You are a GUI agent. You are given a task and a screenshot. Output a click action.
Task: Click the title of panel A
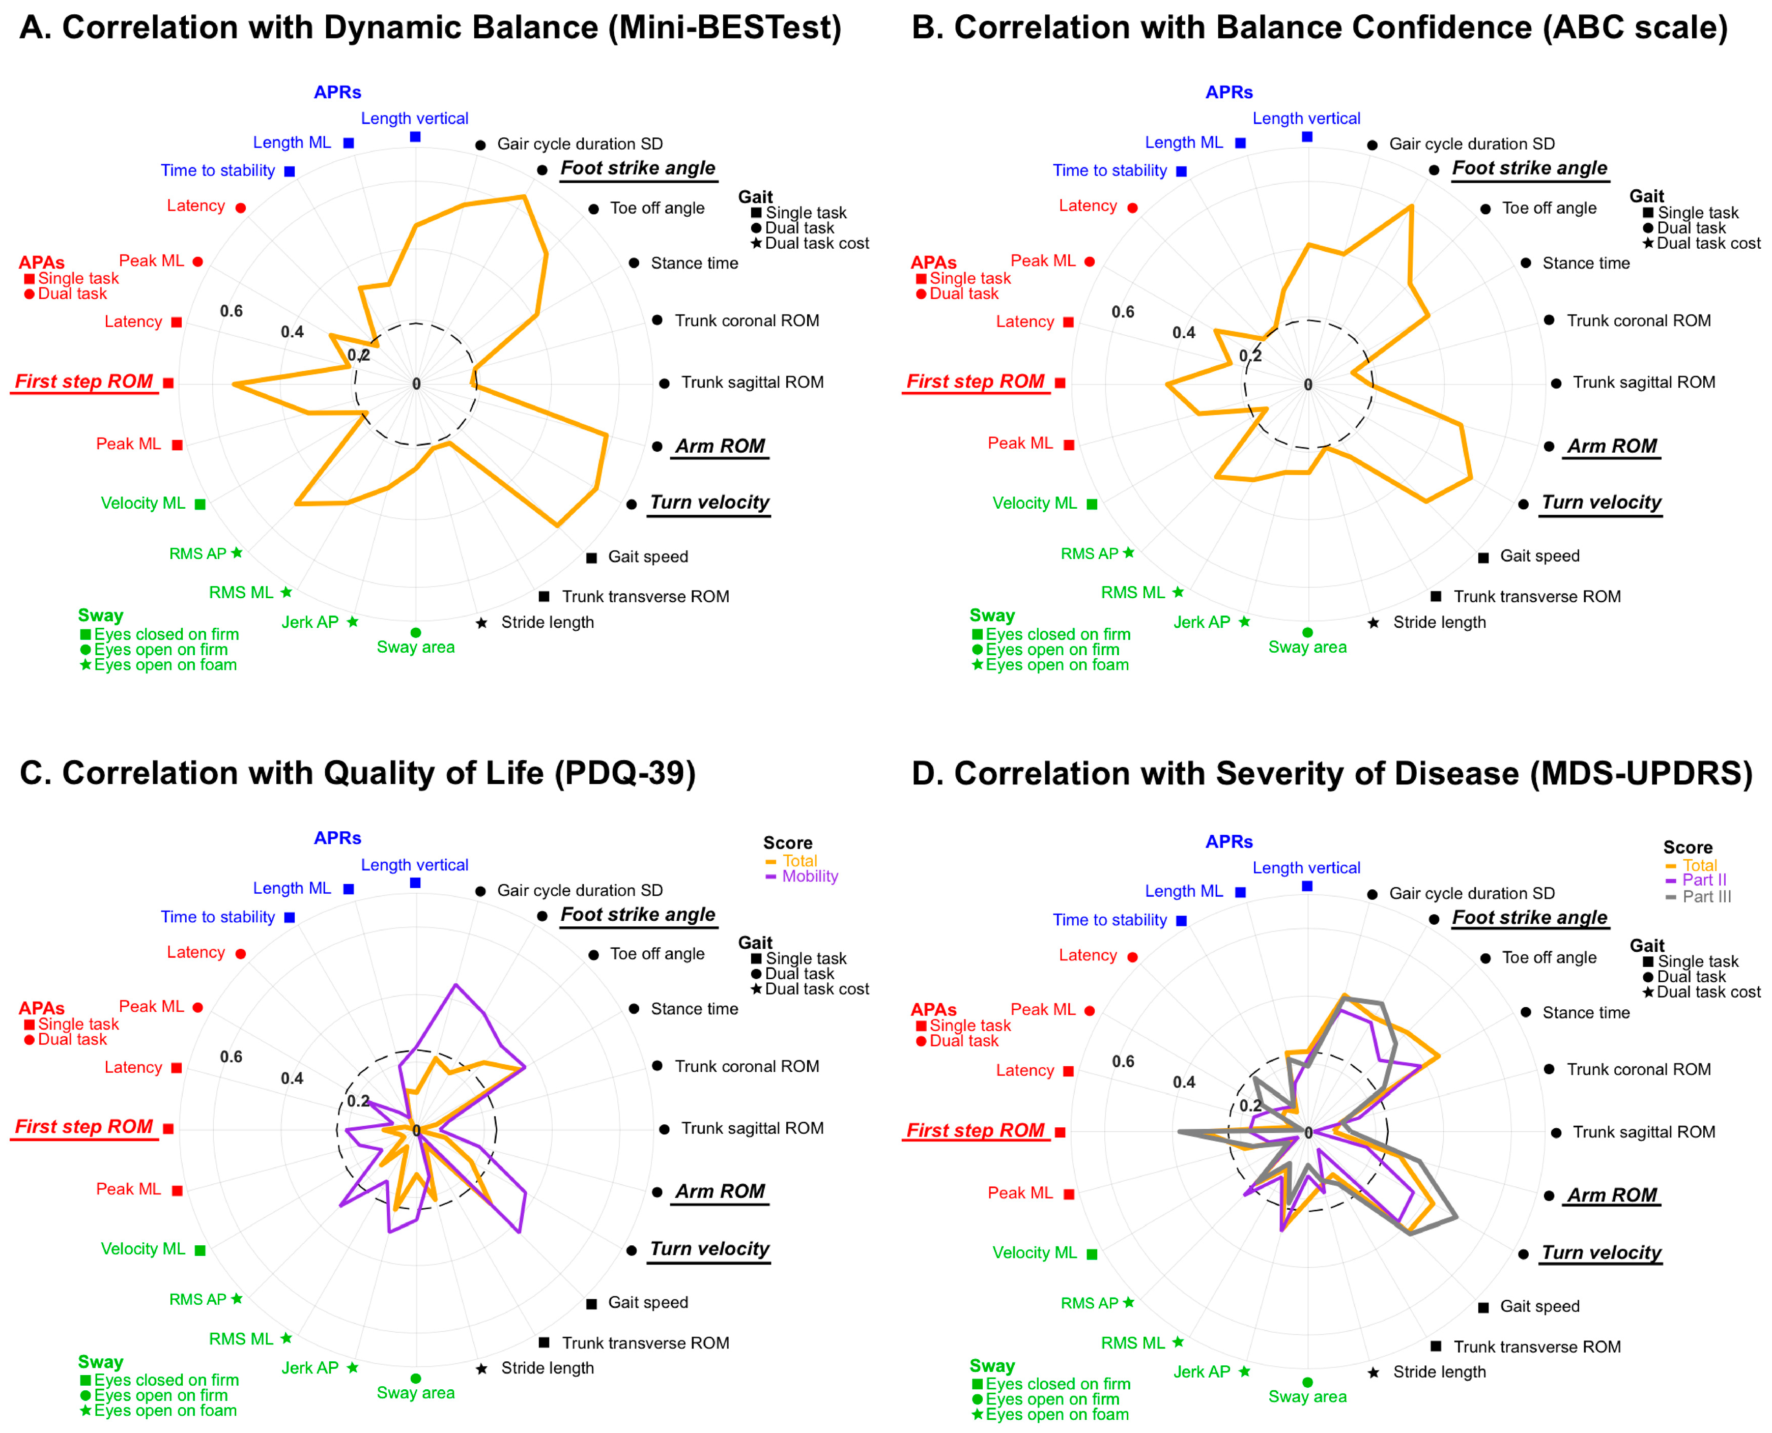click(430, 28)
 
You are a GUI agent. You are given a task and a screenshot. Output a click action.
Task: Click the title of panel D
click(1331, 773)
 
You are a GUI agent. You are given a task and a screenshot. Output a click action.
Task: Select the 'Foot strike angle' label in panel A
click(638, 168)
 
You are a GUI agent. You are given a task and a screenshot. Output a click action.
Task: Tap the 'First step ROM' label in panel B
click(975, 382)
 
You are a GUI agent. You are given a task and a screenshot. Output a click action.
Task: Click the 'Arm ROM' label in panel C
click(720, 1191)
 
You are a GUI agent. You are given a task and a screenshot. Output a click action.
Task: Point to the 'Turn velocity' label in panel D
click(1601, 1252)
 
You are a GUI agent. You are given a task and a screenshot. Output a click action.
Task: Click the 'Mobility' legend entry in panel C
click(809, 876)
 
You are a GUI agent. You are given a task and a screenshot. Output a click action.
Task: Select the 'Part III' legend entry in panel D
click(1706, 896)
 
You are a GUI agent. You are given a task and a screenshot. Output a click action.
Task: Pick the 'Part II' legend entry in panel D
click(1703, 880)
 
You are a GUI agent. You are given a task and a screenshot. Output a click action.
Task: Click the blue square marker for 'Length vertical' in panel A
click(415, 137)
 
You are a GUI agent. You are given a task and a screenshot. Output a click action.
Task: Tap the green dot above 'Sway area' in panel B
click(1307, 632)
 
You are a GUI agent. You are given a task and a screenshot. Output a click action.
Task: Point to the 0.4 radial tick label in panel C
click(292, 1078)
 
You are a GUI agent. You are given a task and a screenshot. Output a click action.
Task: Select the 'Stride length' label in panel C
click(547, 1368)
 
